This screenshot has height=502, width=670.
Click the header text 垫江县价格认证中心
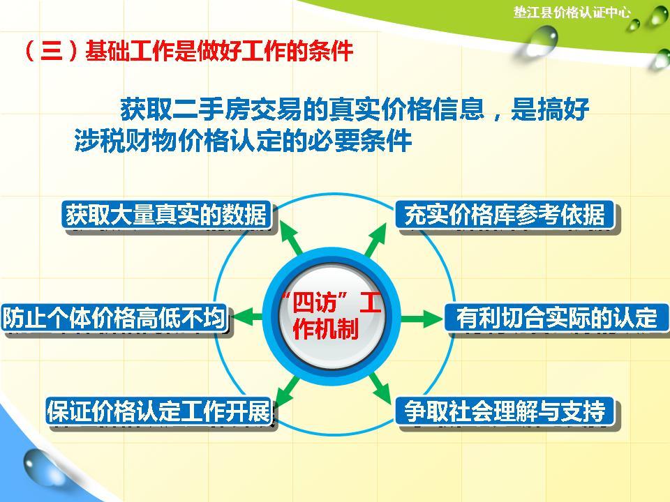[x=572, y=12]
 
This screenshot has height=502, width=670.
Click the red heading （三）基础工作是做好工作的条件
[x=187, y=52]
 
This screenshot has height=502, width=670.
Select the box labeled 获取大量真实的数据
[x=166, y=215]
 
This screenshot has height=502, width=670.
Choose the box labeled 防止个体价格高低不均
[x=114, y=319]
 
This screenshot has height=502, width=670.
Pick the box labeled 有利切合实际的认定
[x=556, y=319]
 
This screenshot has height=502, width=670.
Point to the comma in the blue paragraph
[x=497, y=113]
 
